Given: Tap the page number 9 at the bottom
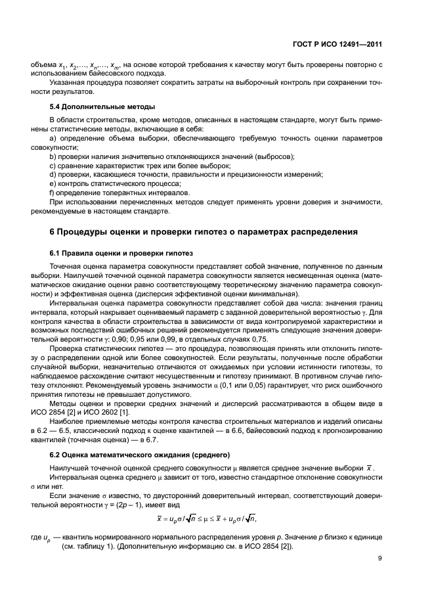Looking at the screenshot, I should tap(380, 559).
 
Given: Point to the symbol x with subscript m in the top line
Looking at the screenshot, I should tap(116, 65).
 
